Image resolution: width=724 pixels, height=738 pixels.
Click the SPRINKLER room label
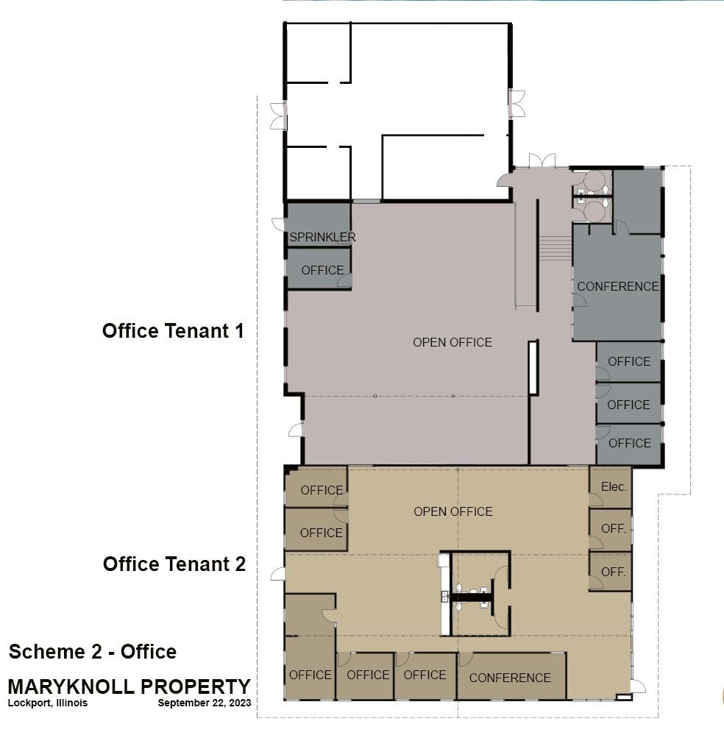pyautogui.click(x=322, y=237)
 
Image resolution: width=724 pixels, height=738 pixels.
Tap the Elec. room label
pyautogui.click(x=614, y=486)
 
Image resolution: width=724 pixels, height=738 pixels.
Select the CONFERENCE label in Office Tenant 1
pyautogui.click(x=618, y=286)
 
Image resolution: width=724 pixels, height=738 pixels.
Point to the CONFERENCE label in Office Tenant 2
pyautogui.click(x=510, y=678)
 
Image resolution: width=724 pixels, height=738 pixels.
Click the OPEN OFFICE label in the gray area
pyautogui.click(x=452, y=342)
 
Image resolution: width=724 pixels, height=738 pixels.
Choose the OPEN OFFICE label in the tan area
pyautogui.click(x=452, y=511)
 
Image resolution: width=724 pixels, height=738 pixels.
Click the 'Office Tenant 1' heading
pyautogui.click(x=173, y=331)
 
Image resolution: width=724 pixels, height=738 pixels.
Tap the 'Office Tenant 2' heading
pyautogui.click(x=174, y=564)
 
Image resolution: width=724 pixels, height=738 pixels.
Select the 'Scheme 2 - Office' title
pyautogui.click(x=93, y=652)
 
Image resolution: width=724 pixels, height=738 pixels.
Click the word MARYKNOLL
pyautogui.click(x=71, y=686)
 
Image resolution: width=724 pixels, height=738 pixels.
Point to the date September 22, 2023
pyautogui.click(x=205, y=703)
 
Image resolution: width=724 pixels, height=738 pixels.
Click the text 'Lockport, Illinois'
pyautogui.click(x=48, y=703)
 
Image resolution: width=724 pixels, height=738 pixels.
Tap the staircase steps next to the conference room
pyautogui.click(x=555, y=248)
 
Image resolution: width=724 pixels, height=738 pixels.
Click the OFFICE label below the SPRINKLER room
pyautogui.click(x=322, y=270)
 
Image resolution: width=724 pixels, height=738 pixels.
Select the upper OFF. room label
pyautogui.click(x=614, y=528)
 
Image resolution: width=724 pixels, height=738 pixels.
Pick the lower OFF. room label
pyautogui.click(x=614, y=572)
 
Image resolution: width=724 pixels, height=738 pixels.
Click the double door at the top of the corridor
pyautogui.click(x=542, y=160)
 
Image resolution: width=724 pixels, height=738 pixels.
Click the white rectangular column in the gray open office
pyautogui.click(x=533, y=368)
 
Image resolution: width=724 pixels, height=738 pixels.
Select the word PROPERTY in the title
pyautogui.click(x=196, y=686)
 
